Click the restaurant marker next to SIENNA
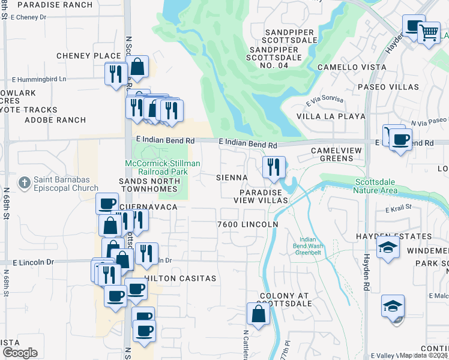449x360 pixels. coord(274,167)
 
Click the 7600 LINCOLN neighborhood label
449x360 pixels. coord(248,224)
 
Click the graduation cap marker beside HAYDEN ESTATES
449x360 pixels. coord(388,247)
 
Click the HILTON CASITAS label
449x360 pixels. coord(180,279)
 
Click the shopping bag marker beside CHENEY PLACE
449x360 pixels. coord(137,67)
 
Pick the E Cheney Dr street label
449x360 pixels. coord(23,17)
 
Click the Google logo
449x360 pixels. coord(19,353)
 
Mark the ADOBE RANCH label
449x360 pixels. coord(55,120)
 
